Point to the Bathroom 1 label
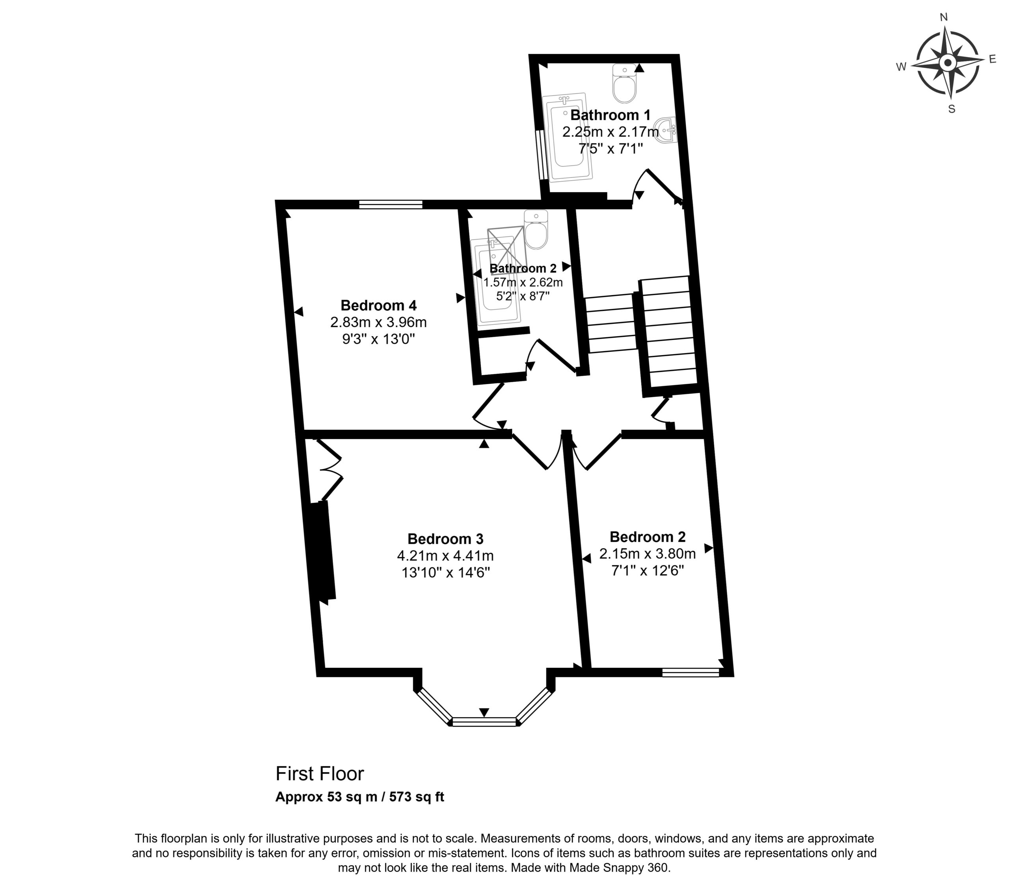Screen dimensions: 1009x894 click(611, 115)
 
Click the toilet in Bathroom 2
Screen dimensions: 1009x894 click(536, 229)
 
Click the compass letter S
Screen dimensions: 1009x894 click(952, 109)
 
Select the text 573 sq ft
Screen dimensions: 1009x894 click(417, 797)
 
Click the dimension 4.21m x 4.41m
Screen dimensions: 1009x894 click(445, 556)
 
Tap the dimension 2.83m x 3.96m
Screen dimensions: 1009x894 click(379, 322)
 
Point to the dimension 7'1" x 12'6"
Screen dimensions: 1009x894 click(648, 571)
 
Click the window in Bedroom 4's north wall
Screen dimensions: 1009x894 click(391, 204)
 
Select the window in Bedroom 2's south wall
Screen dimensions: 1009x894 click(691, 672)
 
